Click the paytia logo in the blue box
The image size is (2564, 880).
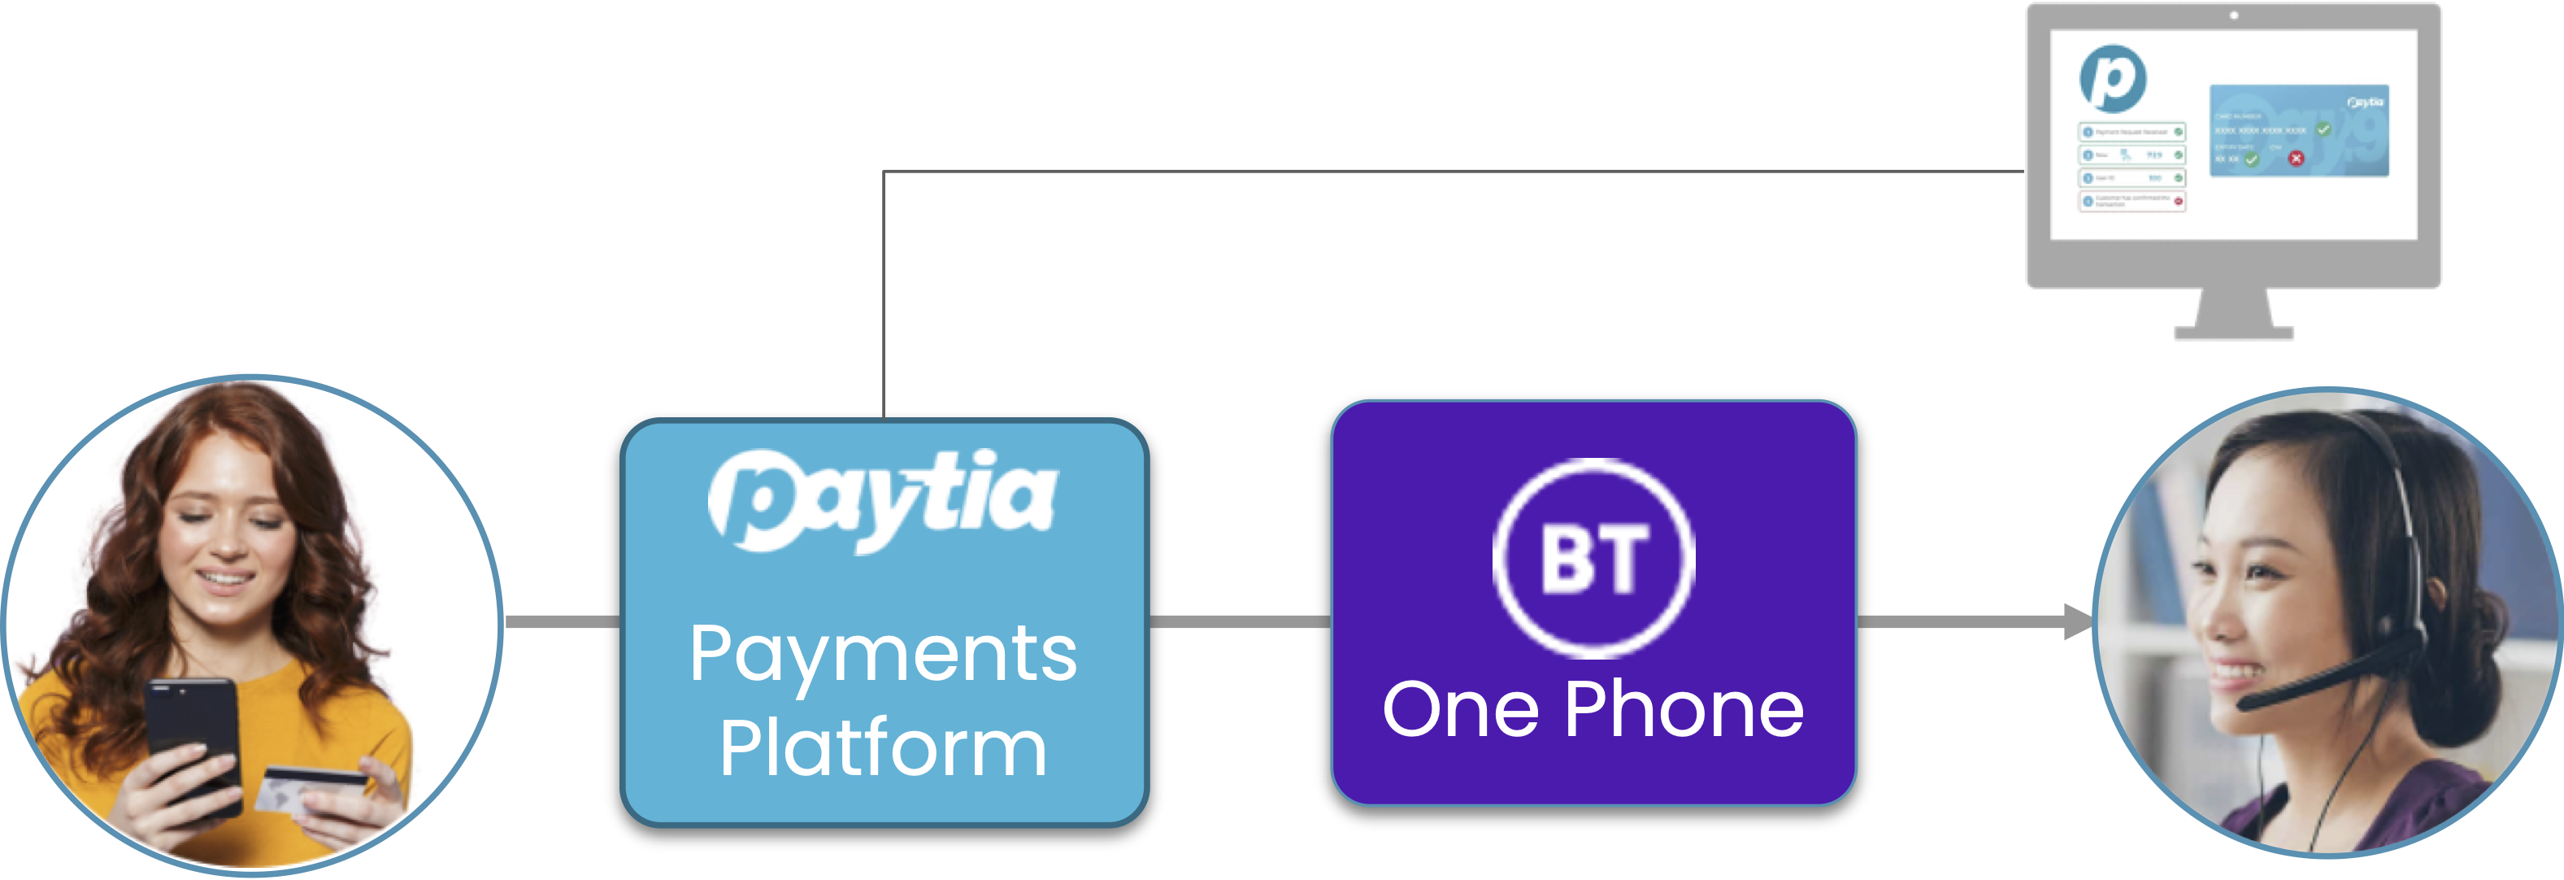point(882,498)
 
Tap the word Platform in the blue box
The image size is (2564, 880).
point(883,748)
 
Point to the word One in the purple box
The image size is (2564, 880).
point(1460,711)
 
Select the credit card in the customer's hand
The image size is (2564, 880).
point(309,792)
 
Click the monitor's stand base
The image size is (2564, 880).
point(2234,332)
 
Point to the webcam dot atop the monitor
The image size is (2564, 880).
point(2234,15)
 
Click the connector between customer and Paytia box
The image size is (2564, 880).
point(563,622)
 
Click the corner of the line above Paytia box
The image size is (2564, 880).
point(884,172)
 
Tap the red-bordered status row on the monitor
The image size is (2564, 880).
point(2131,201)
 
